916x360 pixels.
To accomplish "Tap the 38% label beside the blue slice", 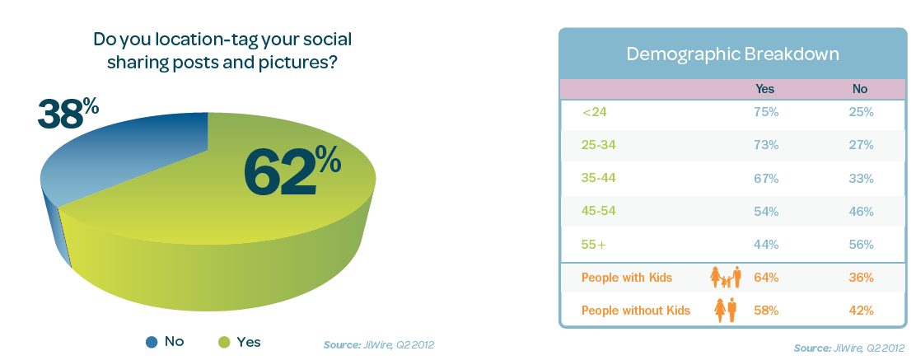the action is coord(68,113).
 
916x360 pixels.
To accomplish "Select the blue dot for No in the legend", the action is coord(152,343).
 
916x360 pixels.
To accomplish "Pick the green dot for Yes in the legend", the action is coord(224,343).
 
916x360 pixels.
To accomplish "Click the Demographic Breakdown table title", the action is coord(732,54).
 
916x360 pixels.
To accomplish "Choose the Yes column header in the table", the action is coord(764,89).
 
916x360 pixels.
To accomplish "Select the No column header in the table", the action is coord(860,89).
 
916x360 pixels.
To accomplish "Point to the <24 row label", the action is coord(595,112).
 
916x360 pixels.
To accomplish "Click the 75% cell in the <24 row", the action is coord(766,112).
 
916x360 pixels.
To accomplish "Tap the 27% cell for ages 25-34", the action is coord(861,145).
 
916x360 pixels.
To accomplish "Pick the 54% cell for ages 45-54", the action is coord(766,212).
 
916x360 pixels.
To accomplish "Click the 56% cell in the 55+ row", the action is coord(861,245).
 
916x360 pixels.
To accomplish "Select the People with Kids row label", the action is coord(627,278).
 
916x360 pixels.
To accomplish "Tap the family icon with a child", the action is coord(726,277).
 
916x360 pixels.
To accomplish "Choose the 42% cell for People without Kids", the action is coord(861,311).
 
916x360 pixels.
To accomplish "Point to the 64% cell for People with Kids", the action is coord(766,278).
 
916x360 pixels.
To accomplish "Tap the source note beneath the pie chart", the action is coord(379,345).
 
